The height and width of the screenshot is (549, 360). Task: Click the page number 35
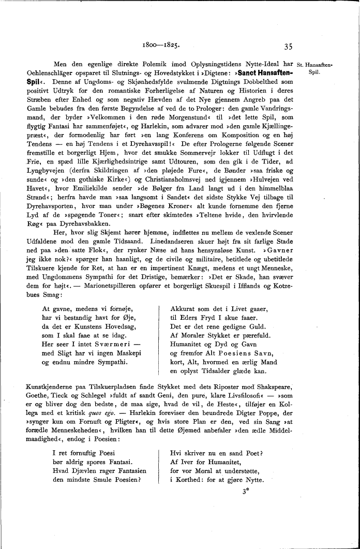pyautogui.click(x=288, y=46)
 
